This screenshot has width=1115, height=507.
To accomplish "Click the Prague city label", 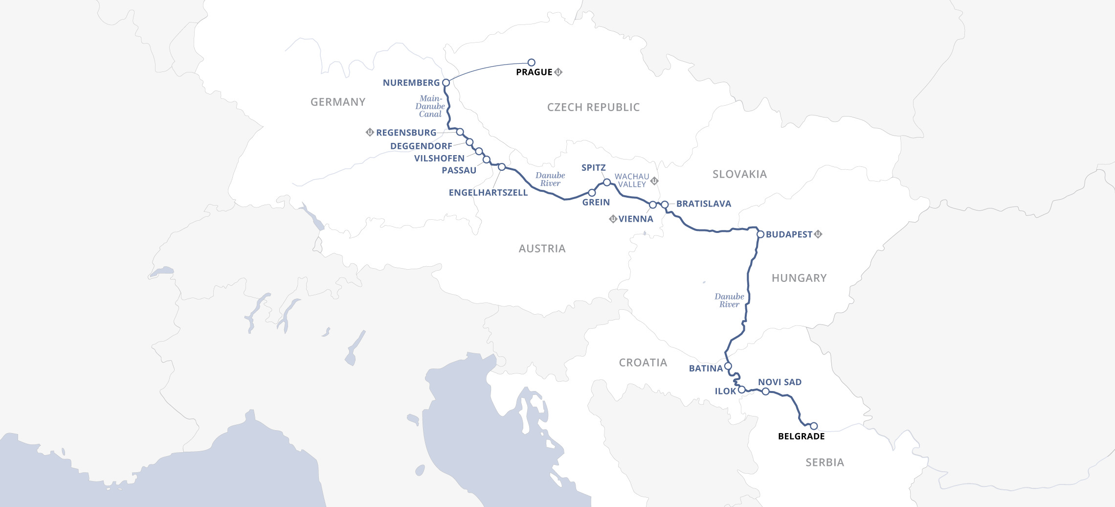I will point(534,72).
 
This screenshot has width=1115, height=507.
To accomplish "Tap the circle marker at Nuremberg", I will point(446,83).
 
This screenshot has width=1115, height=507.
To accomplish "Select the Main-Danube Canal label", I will point(430,106).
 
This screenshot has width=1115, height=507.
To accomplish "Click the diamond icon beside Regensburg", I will point(370,132).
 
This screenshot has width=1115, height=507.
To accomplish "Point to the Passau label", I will point(459,170).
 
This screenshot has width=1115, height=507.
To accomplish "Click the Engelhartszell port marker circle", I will point(501,167).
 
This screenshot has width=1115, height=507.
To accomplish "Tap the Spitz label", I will point(593,167).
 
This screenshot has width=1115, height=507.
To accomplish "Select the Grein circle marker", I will point(592,193).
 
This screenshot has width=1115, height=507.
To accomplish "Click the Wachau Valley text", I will point(632,180).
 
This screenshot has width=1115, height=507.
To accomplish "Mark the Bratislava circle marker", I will point(665,205).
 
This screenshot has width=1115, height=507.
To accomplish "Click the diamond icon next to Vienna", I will point(613,219).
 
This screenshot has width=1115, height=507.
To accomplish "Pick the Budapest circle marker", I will point(760,234).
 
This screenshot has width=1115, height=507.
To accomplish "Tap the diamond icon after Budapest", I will point(818,234).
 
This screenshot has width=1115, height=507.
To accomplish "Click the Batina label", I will point(705,369).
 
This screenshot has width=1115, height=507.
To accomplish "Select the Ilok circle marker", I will point(742,390).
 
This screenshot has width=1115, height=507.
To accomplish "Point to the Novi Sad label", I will point(780,382).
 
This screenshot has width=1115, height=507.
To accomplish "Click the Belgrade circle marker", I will point(814,426).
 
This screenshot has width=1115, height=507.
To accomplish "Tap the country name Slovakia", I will point(739,174).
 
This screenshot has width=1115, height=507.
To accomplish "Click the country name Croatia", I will point(643,363).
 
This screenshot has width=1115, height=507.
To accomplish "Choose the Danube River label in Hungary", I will point(729,300).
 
